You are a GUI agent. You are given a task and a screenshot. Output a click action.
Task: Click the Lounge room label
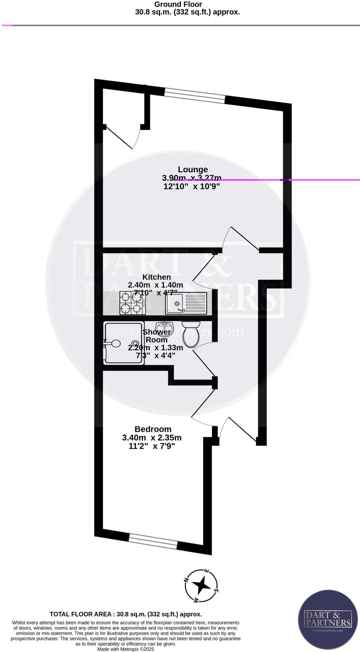[x=192, y=169]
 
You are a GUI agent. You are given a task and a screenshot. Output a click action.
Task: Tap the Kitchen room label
[x=156, y=277]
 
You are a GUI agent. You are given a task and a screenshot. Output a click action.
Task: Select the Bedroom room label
[x=153, y=429]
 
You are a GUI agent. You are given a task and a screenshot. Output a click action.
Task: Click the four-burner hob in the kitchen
[x=132, y=303]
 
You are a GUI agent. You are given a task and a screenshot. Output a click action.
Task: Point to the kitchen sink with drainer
[x=186, y=303]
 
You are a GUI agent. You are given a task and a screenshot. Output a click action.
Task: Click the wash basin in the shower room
[x=164, y=327]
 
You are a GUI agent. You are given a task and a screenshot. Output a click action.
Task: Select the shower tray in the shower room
[x=123, y=343]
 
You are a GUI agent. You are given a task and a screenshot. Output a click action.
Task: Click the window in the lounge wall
[x=195, y=96]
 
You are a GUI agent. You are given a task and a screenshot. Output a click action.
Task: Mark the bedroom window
[x=153, y=542]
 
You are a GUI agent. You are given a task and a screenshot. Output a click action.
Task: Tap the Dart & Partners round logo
[x=328, y=619]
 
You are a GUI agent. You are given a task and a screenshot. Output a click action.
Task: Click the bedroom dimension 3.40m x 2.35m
[x=152, y=438]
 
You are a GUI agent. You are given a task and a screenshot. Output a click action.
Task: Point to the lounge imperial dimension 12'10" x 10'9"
[x=192, y=187]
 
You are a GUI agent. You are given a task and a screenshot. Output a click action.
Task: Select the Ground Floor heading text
[x=178, y=4]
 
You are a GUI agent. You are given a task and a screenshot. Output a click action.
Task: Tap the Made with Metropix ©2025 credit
[x=126, y=649]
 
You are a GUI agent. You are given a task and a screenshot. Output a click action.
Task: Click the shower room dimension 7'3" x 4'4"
[x=155, y=356]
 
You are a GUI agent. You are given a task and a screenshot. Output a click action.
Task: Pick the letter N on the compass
[x=187, y=580]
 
